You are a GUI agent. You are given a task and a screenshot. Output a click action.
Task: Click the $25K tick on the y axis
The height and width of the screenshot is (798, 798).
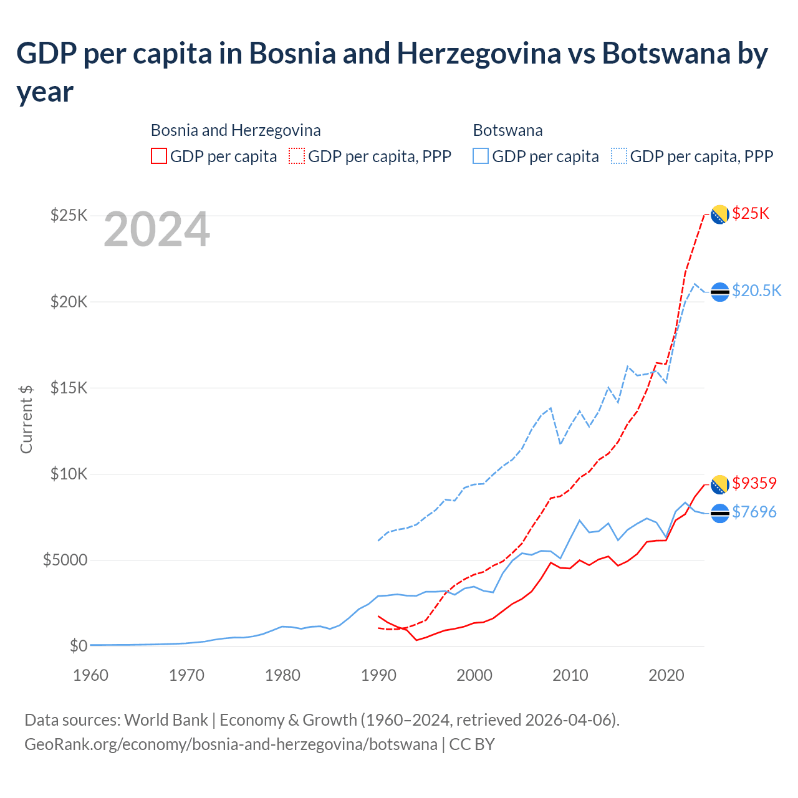[69, 216]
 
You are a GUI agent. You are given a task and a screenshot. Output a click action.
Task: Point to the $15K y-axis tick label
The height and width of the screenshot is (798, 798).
[69, 388]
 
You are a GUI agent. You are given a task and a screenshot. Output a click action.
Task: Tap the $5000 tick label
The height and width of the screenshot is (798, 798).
[65, 560]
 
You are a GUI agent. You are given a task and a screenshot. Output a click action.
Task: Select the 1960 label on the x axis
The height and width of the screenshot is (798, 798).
[91, 675]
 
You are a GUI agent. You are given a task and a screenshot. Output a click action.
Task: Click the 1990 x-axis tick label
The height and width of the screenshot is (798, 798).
[379, 675]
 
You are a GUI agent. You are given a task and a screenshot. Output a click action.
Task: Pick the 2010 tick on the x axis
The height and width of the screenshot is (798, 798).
[571, 675]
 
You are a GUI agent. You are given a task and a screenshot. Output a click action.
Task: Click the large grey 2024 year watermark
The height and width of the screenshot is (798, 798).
[157, 230]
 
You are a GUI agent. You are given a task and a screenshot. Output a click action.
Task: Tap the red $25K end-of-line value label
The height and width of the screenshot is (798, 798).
[751, 214]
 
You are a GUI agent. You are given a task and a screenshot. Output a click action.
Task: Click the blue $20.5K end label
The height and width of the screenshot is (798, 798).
[756, 291]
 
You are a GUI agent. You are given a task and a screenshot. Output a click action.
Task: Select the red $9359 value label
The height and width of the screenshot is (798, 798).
[754, 483]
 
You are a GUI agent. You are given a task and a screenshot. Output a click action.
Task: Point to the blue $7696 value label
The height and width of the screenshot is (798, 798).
[754, 512]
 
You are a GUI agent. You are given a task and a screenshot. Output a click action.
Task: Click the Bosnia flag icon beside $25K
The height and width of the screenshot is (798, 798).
[720, 214]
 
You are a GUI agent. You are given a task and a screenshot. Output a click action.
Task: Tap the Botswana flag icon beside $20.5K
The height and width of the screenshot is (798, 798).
[720, 292]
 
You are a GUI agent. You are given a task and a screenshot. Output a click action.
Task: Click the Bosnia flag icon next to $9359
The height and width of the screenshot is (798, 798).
[720, 484]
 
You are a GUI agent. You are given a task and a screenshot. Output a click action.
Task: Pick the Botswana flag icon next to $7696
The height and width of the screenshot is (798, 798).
[720, 513]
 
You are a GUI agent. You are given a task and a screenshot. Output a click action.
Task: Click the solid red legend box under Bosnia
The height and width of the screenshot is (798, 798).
[159, 156]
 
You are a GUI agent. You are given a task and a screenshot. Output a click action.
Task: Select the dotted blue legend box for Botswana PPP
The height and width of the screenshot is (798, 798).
[619, 156]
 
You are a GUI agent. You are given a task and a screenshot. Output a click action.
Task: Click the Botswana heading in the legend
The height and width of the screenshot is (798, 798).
[507, 130]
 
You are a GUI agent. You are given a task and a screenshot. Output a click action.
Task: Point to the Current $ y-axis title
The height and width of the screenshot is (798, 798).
[26, 419]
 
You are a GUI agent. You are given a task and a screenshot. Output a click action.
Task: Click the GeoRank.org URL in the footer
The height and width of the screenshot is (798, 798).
[231, 744]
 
